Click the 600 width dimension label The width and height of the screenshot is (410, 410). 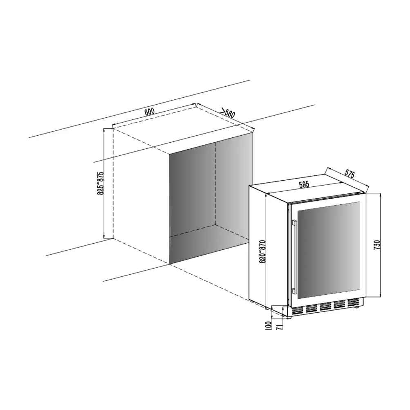tap(149, 111)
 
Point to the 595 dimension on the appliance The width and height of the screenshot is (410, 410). tap(304, 184)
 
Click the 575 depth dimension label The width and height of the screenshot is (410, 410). tap(350, 173)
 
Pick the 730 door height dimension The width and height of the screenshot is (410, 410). tap(378, 245)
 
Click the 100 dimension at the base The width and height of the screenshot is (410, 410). tap(268, 326)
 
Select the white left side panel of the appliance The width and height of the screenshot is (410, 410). tap(270, 245)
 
